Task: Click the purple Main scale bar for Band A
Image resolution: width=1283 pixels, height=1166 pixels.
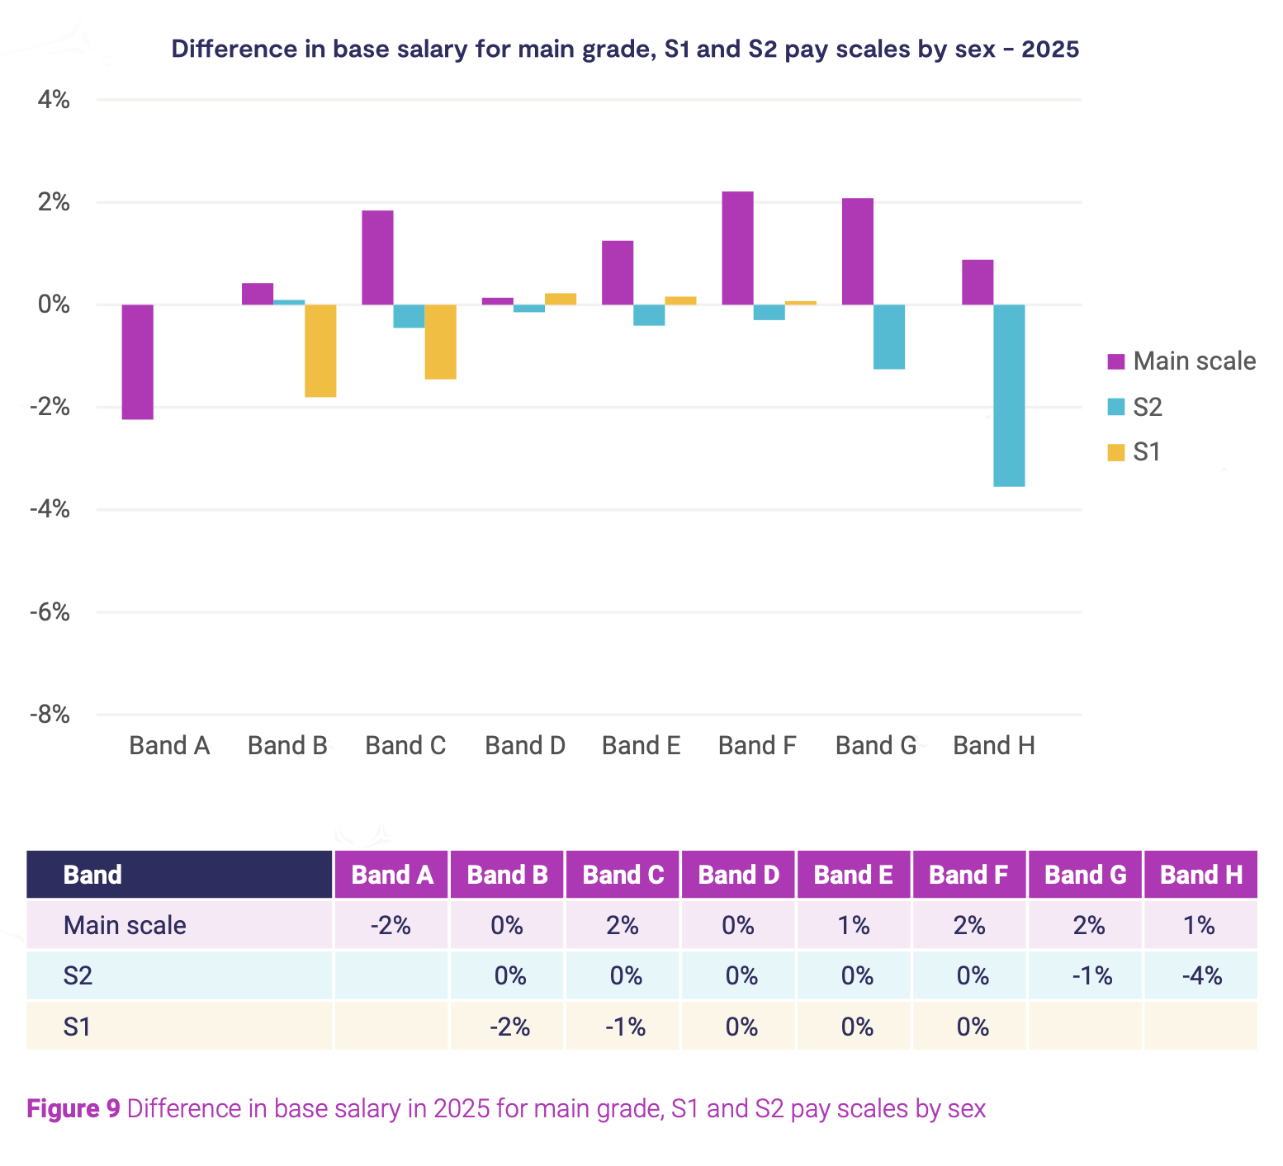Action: pos(137,361)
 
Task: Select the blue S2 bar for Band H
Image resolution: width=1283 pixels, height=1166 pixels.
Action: pos(1009,395)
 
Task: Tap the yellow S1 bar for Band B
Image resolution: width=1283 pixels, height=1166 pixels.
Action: pos(320,351)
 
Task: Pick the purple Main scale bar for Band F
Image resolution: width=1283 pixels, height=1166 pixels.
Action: pos(737,248)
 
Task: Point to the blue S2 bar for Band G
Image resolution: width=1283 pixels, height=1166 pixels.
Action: pos(889,337)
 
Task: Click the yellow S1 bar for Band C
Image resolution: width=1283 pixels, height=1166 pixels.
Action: pos(440,342)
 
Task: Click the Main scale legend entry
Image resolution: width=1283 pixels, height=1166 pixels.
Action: pos(1181,361)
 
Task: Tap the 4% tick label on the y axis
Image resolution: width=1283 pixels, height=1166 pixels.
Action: pos(54,100)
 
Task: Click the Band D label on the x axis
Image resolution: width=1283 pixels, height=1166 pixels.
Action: pos(525,746)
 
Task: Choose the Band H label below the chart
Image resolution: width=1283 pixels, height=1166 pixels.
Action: pos(994,746)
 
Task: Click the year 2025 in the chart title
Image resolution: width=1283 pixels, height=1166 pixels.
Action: pos(1050,50)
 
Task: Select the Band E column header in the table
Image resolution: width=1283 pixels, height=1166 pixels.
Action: pos(854,875)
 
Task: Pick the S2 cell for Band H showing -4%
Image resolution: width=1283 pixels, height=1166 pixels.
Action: pos(1201,976)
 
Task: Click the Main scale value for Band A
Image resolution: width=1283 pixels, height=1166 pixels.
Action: pos(391,925)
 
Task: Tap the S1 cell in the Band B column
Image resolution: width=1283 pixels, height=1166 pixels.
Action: pos(508,1027)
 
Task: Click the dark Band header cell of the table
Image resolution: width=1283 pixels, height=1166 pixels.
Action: pos(179,875)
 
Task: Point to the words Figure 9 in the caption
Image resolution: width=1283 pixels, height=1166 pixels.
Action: pos(73,1108)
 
